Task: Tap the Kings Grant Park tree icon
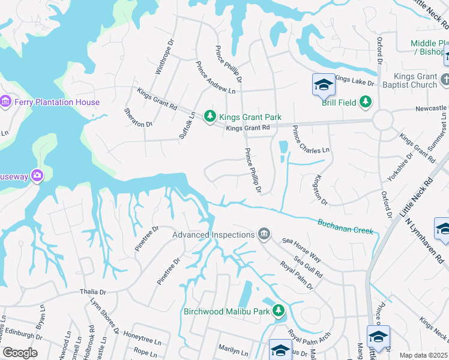coord(209,116)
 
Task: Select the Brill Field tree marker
coord(365,102)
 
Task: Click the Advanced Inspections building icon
coord(264,234)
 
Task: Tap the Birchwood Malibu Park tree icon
coord(278,310)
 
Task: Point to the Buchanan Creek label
coord(345,226)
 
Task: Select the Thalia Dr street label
coord(93,292)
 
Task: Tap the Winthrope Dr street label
coord(164,58)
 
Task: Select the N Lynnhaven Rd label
coord(424,241)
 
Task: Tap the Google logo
coord(20,353)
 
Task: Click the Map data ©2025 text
coord(423,355)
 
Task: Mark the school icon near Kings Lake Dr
coord(323,85)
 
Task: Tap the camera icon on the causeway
coord(37,175)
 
